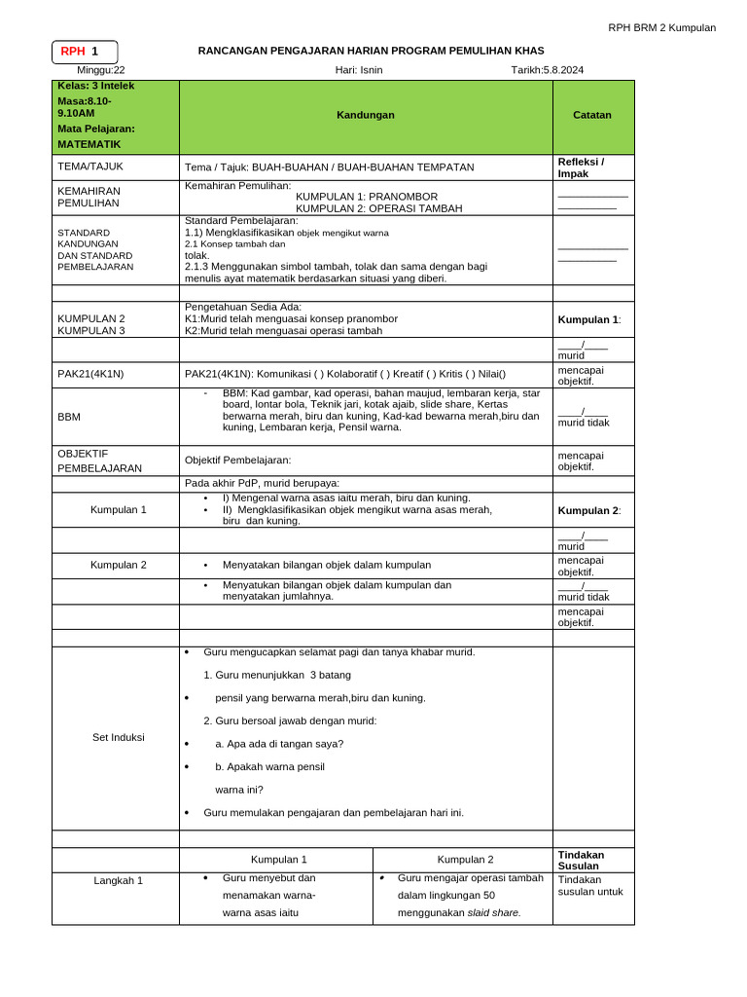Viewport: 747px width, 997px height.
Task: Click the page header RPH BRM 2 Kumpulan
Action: [661, 27]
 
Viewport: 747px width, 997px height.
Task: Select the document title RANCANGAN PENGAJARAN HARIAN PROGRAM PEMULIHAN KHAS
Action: [371, 51]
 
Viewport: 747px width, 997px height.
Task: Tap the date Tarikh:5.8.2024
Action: [553, 70]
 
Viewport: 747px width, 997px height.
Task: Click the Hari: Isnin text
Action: [359, 70]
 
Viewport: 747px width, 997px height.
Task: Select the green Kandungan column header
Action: [366, 115]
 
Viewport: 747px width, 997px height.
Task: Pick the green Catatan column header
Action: [592, 115]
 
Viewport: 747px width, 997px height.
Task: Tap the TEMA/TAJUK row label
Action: [90, 166]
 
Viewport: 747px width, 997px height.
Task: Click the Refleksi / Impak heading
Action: [581, 167]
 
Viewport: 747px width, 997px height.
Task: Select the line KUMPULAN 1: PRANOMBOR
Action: [367, 197]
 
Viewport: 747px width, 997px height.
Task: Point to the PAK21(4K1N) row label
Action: [90, 373]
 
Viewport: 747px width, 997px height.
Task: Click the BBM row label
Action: [69, 416]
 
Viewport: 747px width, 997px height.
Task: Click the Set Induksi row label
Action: [118, 737]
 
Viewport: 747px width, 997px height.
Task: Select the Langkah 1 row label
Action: [118, 880]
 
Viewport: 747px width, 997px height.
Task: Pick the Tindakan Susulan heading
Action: [581, 860]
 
